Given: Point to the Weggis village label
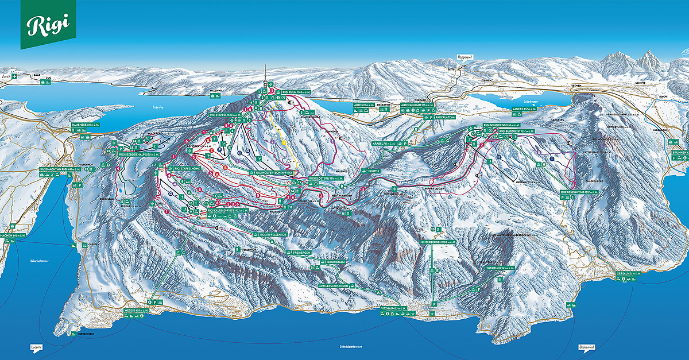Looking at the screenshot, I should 136,311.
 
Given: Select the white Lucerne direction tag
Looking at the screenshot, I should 36,348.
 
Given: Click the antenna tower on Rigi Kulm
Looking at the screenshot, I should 265,75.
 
